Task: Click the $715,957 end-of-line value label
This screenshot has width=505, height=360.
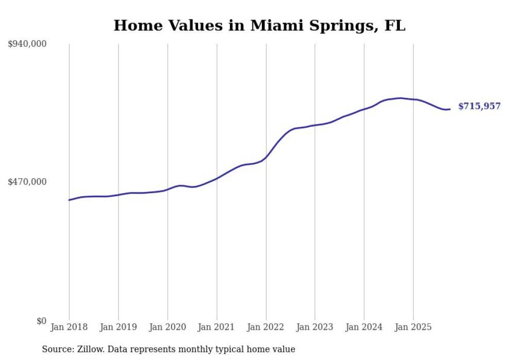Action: pos(479,106)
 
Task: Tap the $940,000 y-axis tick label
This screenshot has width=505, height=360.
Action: pos(27,44)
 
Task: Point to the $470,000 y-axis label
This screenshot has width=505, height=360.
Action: pos(27,182)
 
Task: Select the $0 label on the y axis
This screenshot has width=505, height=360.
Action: pos(41,321)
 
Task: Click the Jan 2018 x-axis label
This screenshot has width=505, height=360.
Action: pos(69,327)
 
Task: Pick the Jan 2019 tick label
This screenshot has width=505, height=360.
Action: pos(118,327)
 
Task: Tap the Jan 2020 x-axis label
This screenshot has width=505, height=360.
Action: pos(167,327)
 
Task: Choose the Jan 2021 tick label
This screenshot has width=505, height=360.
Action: pos(216,327)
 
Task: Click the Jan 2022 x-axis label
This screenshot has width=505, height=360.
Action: pos(266,327)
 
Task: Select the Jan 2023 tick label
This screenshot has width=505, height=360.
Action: pos(315,327)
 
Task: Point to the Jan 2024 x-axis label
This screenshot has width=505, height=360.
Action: pos(364,327)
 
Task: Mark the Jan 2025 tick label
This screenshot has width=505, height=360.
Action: pos(413,327)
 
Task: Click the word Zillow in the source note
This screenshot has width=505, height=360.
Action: pos(87,350)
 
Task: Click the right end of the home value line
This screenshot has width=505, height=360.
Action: pos(450,109)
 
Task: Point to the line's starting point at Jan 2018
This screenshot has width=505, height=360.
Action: pos(69,200)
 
